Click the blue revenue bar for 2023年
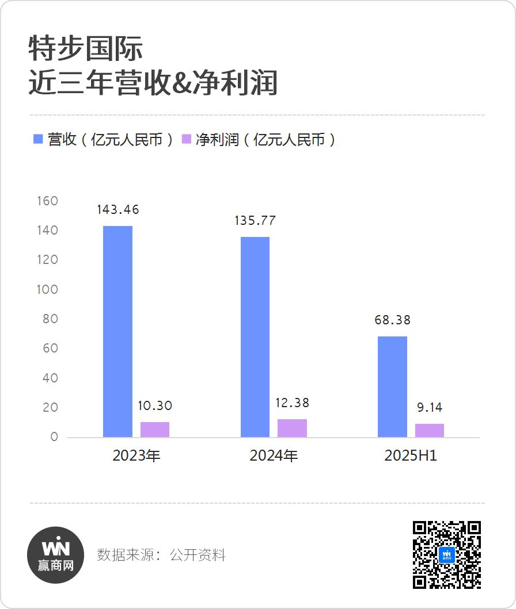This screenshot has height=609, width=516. click(x=117, y=331)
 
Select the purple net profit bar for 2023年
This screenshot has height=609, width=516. click(x=155, y=430)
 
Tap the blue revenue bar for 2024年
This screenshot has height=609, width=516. click(x=255, y=337)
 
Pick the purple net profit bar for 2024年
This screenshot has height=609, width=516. click(x=292, y=428)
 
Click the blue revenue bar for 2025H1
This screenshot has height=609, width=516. click(x=392, y=386)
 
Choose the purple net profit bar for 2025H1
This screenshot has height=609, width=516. click(x=430, y=430)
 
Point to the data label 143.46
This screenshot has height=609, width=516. click(x=118, y=209)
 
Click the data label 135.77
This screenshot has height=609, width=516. click(x=255, y=220)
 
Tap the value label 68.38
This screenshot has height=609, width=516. click(x=393, y=320)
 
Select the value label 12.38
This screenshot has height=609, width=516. click(x=293, y=403)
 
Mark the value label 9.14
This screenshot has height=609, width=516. click(x=430, y=408)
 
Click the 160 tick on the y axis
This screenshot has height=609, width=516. click(x=47, y=201)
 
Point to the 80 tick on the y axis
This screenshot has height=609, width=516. click(x=50, y=319)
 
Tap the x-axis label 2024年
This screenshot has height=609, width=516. click(x=274, y=456)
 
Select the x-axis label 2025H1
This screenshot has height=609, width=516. click(x=411, y=456)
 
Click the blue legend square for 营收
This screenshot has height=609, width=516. click(x=39, y=139)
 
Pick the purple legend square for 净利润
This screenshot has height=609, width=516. click(x=187, y=139)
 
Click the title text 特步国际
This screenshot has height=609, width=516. click(x=86, y=49)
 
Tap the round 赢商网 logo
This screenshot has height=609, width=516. click(x=56, y=554)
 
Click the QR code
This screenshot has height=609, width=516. click(x=447, y=554)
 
